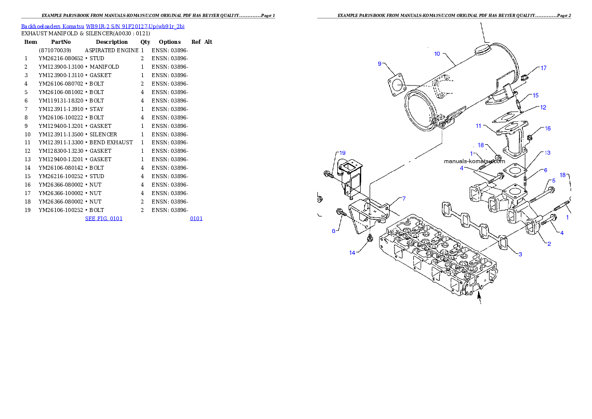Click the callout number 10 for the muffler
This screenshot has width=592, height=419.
[x=437, y=54]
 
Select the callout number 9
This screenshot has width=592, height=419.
[x=380, y=64]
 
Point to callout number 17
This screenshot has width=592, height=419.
[x=543, y=68]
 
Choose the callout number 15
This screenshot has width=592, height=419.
[x=535, y=95]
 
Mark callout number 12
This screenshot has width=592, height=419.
[x=543, y=107]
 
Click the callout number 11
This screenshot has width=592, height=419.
[x=478, y=125]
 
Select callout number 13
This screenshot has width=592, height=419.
[x=547, y=153]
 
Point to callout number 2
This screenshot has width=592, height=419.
[x=549, y=244]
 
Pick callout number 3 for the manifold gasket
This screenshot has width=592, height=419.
[x=520, y=254]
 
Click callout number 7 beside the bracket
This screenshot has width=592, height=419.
[x=404, y=199]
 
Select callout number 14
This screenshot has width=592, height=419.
[x=352, y=253]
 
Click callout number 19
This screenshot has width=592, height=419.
[x=342, y=153]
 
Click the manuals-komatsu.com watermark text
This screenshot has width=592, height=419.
[x=474, y=161]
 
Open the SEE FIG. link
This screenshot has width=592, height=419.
[x=103, y=218]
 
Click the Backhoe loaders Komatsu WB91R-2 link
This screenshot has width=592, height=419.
[x=102, y=26]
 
